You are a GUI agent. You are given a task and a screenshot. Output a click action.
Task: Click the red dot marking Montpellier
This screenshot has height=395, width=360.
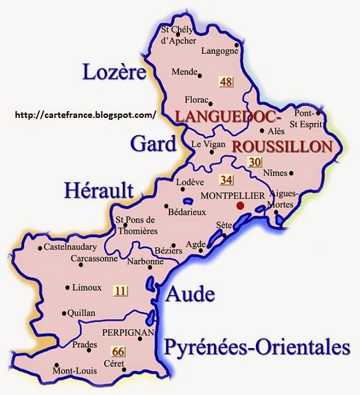[x=240, y=205]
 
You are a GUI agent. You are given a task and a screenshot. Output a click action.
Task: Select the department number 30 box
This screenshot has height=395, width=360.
[x=254, y=162]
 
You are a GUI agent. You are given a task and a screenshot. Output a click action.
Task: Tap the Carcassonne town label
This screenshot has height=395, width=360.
[x=94, y=259]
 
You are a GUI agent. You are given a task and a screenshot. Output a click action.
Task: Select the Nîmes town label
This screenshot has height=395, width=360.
[x=275, y=173]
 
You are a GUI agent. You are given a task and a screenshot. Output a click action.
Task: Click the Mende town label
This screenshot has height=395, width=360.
[x=184, y=71]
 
